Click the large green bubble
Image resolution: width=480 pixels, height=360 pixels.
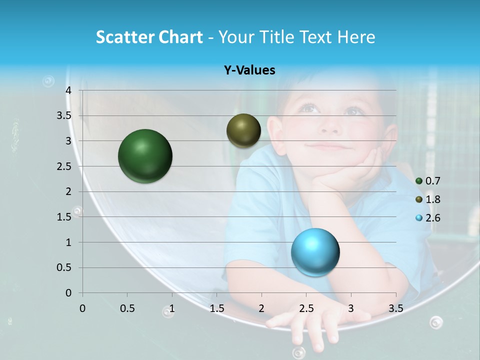(145, 156)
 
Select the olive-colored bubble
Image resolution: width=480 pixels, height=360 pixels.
(243, 130)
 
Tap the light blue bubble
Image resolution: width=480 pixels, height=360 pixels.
(315, 251)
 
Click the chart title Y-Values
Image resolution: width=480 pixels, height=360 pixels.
(249, 70)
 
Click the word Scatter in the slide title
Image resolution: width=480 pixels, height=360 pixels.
(124, 37)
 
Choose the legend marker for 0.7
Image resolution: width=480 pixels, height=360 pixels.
(419, 181)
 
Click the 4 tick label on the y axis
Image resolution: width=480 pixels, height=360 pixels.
(69, 90)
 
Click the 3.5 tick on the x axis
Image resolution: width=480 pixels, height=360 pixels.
(395, 308)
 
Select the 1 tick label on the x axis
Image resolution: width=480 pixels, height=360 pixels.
(172, 308)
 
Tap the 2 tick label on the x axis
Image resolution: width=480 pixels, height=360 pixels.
(261, 308)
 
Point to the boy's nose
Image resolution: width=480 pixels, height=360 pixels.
(329, 127)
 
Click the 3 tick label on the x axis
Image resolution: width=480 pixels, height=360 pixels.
(351, 308)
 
